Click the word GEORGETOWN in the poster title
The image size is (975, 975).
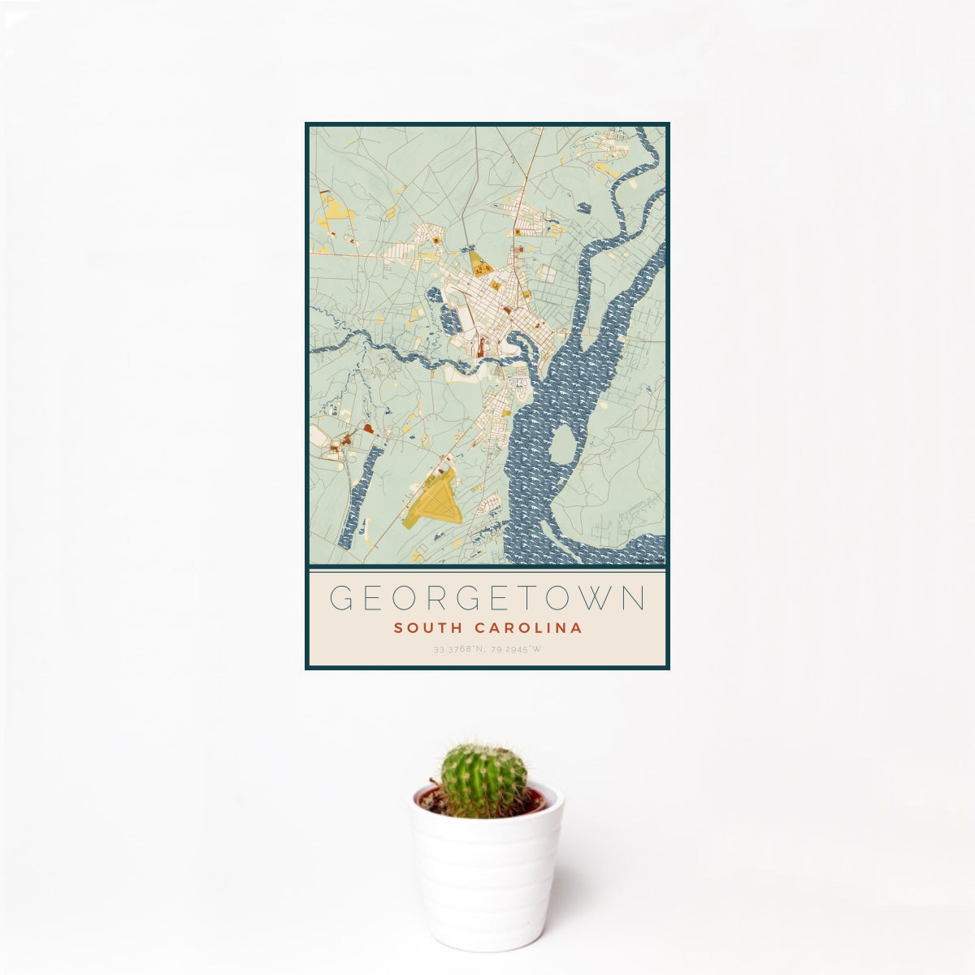pos(487,599)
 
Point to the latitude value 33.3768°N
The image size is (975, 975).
pos(459,650)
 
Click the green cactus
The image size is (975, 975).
pos(483,779)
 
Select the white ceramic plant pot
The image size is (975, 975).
pos(486,869)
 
